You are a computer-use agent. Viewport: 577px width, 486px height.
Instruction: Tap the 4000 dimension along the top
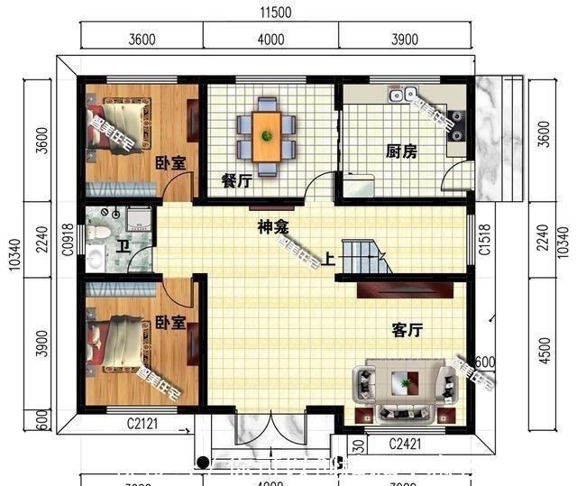click(x=270, y=39)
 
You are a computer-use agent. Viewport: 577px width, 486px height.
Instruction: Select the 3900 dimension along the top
click(x=406, y=39)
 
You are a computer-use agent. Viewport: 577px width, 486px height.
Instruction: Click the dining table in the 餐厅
click(x=266, y=136)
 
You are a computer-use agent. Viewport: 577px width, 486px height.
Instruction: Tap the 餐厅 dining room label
click(x=236, y=180)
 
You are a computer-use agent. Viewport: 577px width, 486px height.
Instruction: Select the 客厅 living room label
click(x=408, y=330)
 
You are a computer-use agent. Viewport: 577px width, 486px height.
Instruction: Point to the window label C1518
click(x=485, y=242)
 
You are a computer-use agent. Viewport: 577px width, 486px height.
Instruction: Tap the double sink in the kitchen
click(x=401, y=93)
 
